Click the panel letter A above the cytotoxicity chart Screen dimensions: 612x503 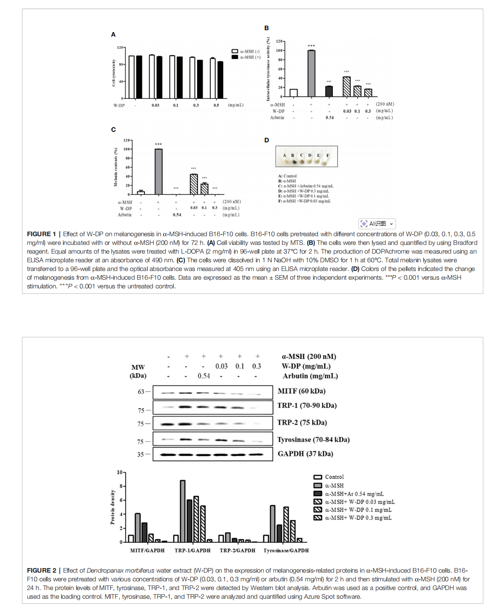113,34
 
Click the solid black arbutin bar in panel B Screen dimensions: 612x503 329,91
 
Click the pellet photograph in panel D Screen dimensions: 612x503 306,156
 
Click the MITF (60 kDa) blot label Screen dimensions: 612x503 301,391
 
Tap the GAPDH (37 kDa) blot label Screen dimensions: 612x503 305,454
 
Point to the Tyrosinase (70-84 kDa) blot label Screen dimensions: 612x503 313,439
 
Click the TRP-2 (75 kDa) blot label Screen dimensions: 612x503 302,422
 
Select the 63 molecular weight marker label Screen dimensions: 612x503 141,392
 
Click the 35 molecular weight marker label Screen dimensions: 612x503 140,455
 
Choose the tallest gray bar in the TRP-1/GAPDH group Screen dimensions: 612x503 182,511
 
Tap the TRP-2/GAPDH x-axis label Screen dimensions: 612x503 237,551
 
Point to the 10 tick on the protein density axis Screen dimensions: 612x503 120,472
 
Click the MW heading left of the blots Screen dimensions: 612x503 138,367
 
